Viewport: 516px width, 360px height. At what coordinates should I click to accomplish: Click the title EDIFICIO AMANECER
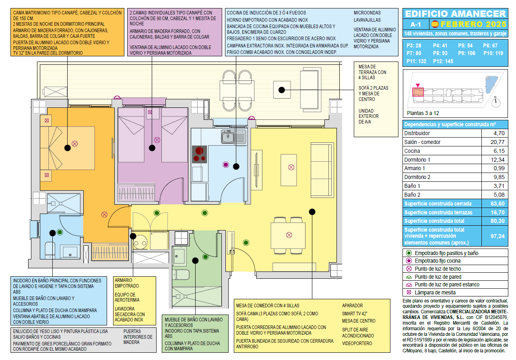(x=455, y=14)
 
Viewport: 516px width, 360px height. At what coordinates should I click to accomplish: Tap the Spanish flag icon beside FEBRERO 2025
(x=435, y=24)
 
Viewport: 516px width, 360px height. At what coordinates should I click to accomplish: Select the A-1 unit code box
(x=416, y=24)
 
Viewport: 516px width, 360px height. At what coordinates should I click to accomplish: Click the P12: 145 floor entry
(x=443, y=62)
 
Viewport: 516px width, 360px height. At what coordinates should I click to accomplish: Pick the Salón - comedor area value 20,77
(x=497, y=142)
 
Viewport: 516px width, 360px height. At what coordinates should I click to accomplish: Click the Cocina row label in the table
(x=412, y=151)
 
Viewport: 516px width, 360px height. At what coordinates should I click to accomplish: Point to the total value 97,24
(x=497, y=237)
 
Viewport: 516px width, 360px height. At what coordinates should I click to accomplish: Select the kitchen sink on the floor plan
(x=233, y=137)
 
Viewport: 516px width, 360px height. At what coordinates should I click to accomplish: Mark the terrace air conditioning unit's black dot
(x=282, y=90)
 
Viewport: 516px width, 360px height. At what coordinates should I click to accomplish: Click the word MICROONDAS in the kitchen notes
(x=367, y=13)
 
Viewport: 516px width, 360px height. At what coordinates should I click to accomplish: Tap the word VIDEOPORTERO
(x=357, y=344)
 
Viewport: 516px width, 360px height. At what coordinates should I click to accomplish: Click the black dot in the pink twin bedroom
(x=152, y=148)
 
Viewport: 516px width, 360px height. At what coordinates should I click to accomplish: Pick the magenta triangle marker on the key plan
(x=418, y=85)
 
